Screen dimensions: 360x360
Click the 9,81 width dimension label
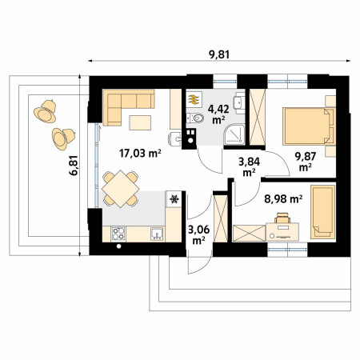tap(219, 54)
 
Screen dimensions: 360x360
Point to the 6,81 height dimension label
tap(74, 166)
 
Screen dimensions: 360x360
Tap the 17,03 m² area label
tap(140, 153)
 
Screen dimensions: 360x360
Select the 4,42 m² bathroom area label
tap(218, 114)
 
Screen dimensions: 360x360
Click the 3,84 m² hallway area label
tap(249, 167)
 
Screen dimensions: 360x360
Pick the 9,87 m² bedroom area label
tap(306, 162)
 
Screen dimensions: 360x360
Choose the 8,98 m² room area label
tap(283, 199)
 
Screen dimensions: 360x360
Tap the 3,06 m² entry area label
tap(198, 235)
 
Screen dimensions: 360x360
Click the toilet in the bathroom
tap(195, 118)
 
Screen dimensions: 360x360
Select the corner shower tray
tap(234, 135)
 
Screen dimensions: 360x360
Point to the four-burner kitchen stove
tap(118, 234)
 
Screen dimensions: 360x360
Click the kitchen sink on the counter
tap(157, 234)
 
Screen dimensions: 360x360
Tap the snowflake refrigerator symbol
tap(174, 199)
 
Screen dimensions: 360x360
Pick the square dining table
tap(121, 189)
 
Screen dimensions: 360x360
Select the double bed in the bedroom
tap(309, 126)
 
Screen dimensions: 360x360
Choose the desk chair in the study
tap(282, 218)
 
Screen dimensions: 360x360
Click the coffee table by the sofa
tap(140, 122)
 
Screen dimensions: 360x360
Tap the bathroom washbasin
tap(239, 102)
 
